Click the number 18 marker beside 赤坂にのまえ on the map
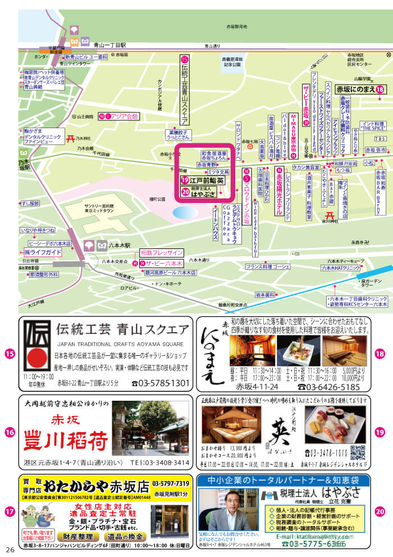tap(380, 89)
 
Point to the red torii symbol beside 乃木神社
tap(71, 138)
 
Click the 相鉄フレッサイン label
tap(162, 252)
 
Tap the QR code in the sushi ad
tap(358, 452)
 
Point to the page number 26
tap(10, 549)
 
